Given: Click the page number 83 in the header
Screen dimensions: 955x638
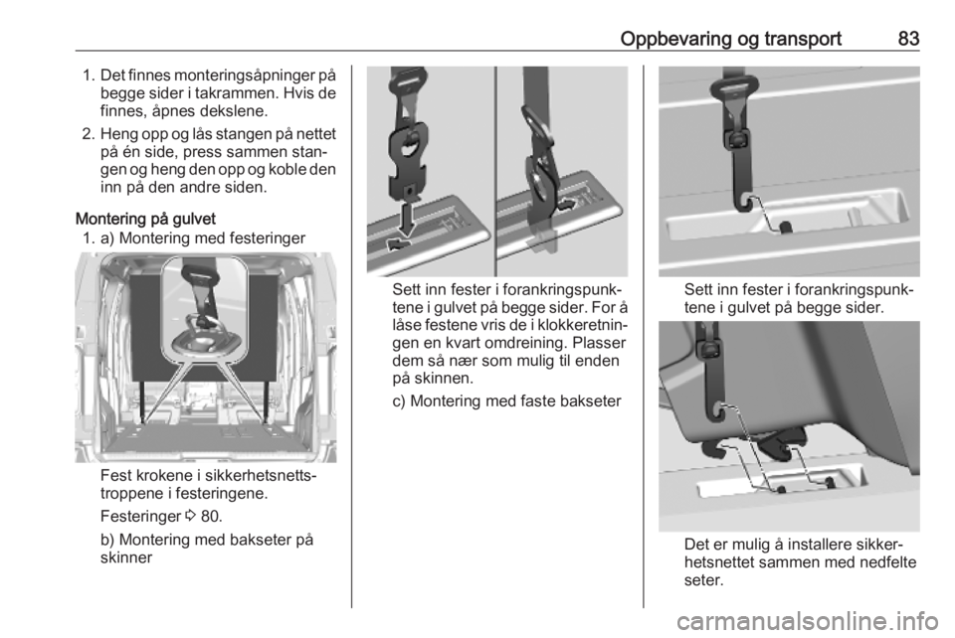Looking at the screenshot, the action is tap(908, 39).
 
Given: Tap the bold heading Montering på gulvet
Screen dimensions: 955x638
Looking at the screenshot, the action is tap(145, 219).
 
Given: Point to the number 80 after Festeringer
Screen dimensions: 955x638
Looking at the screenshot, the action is tap(210, 517).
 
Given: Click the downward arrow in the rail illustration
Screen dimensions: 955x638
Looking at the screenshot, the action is tap(406, 218).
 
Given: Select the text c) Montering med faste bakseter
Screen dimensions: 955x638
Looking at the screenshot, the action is tap(506, 401).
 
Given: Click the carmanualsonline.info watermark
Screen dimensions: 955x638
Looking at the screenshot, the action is tap(807, 621).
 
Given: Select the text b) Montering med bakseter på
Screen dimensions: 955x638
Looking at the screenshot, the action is tap(207, 540).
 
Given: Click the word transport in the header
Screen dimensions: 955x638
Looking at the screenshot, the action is tap(802, 40).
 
